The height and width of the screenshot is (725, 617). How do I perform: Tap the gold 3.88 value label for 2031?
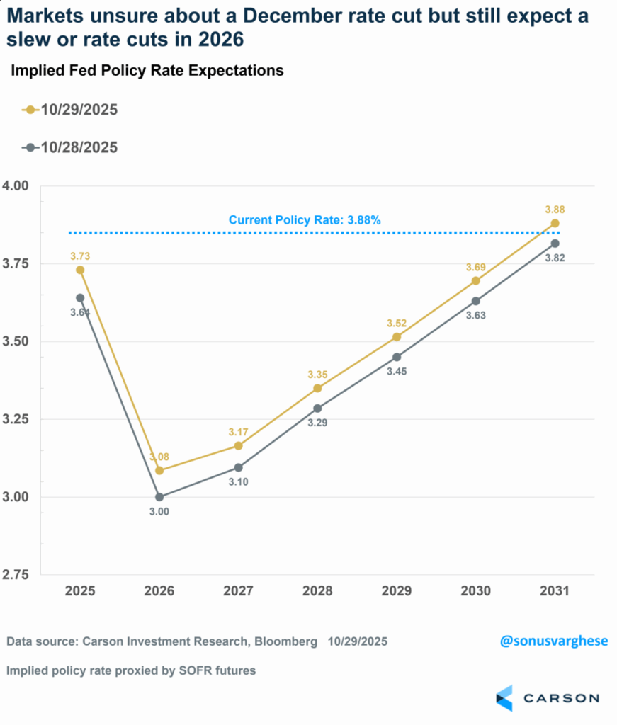tap(555, 210)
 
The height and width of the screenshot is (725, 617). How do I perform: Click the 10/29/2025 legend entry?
tap(70, 110)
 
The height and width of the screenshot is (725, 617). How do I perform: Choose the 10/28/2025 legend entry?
tap(70, 147)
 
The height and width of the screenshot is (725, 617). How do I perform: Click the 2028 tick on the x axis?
tap(317, 591)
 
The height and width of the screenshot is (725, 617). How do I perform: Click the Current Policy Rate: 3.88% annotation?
tap(305, 220)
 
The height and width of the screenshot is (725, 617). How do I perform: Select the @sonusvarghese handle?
tap(554, 641)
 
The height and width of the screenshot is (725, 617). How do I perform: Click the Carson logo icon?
tap(504, 697)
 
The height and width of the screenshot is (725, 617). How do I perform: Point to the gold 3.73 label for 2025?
tap(79, 256)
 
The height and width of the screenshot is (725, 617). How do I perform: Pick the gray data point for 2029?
tap(397, 357)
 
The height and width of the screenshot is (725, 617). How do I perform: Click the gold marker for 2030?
tap(475, 281)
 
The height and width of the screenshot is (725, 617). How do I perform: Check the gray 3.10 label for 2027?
tap(238, 482)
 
